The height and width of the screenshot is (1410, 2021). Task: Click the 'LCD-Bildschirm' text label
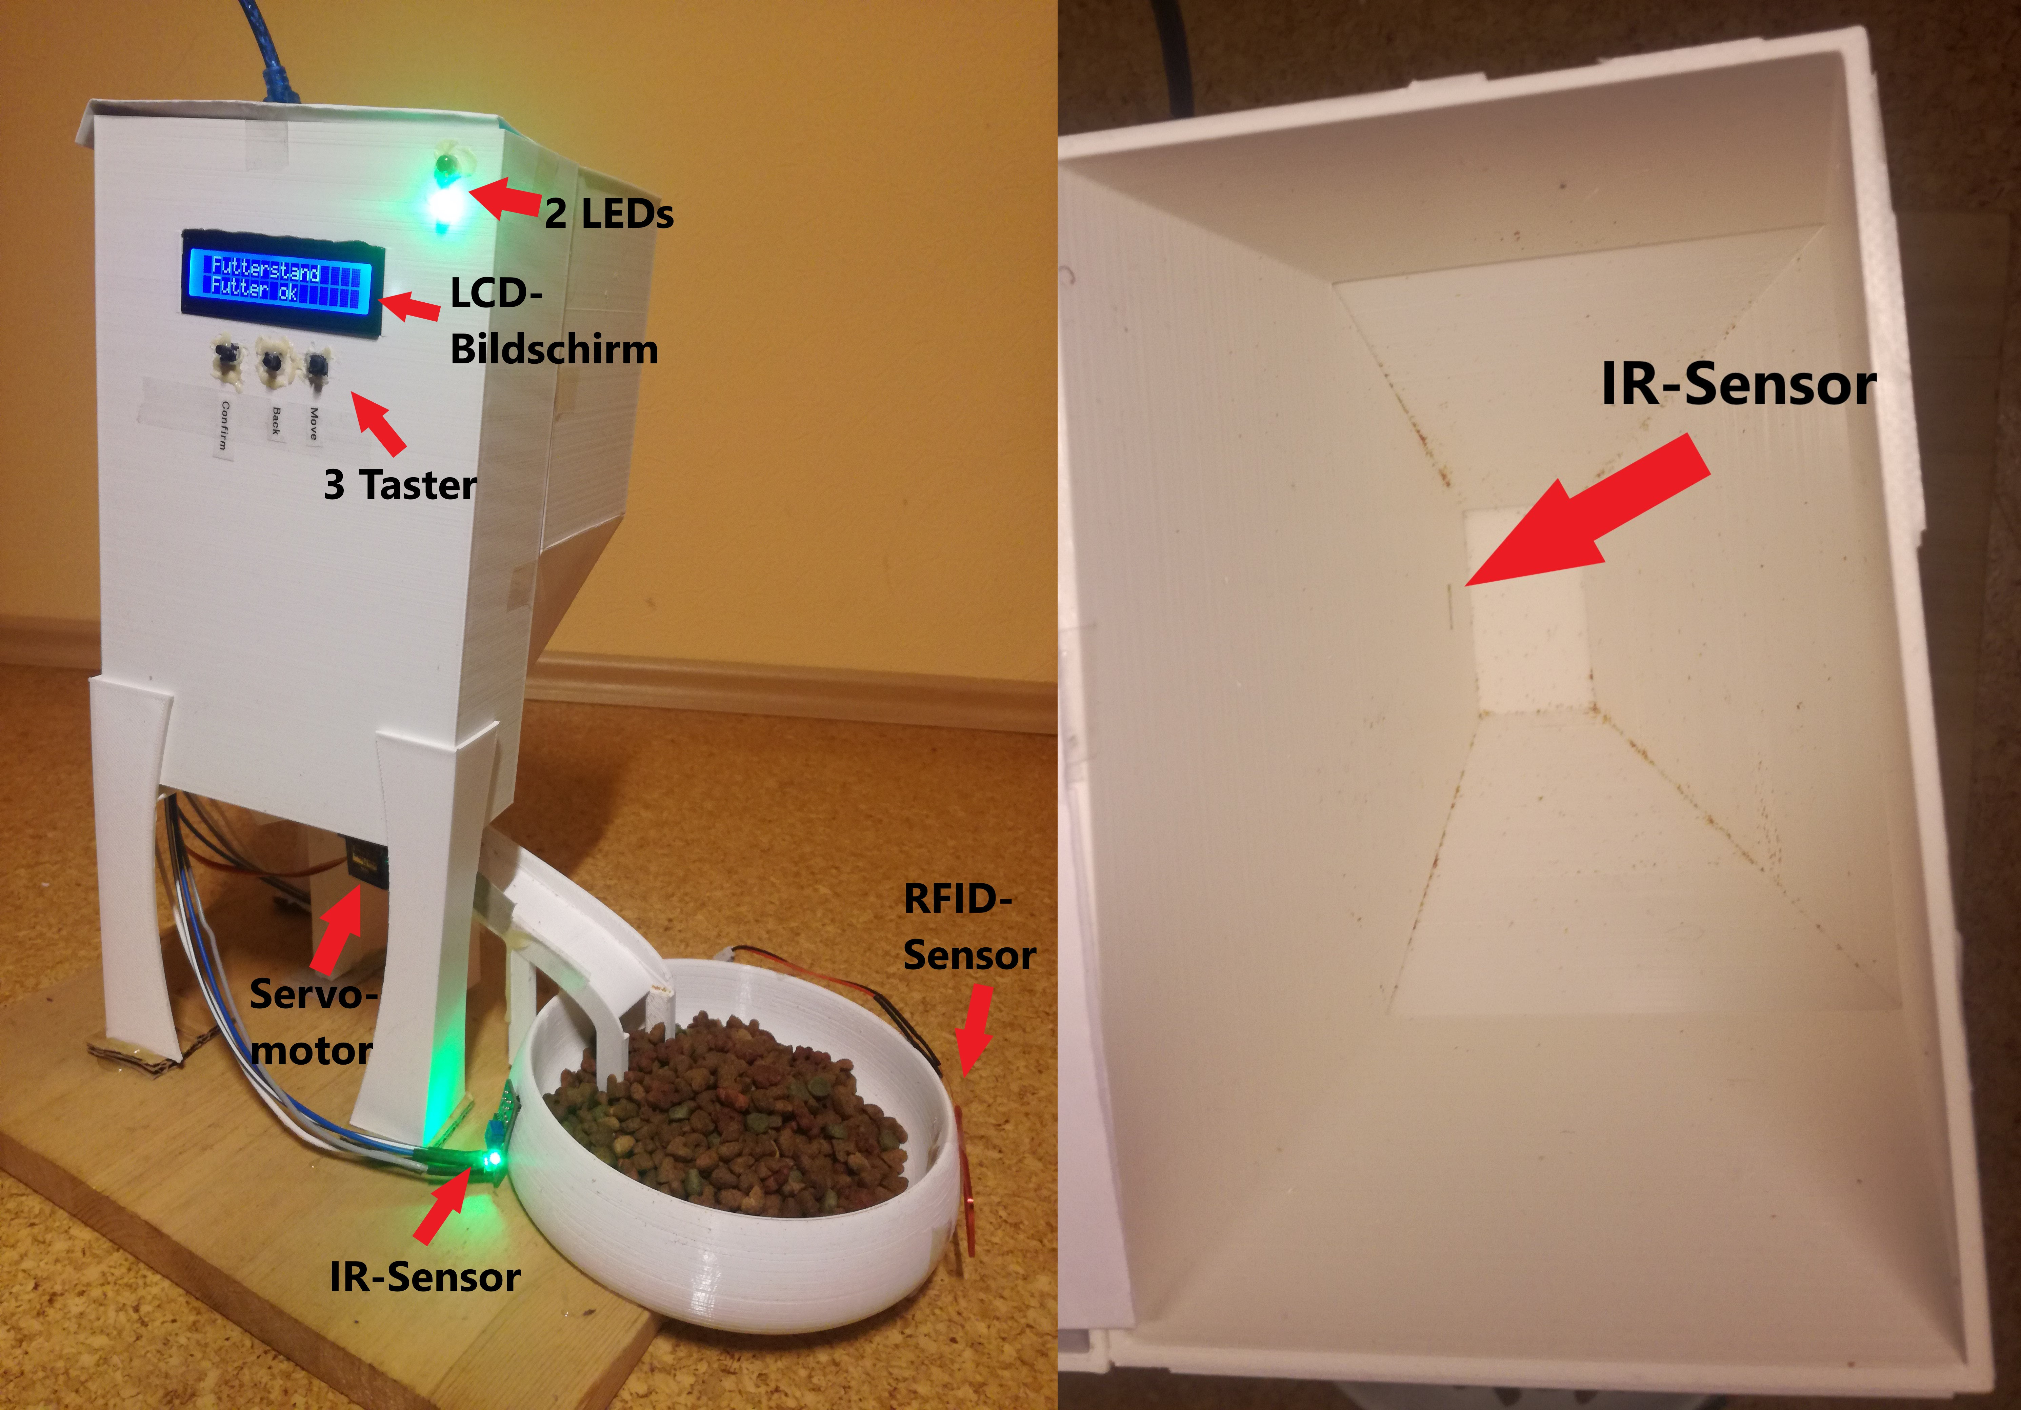click(x=554, y=321)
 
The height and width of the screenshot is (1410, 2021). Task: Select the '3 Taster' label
click(x=400, y=485)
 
